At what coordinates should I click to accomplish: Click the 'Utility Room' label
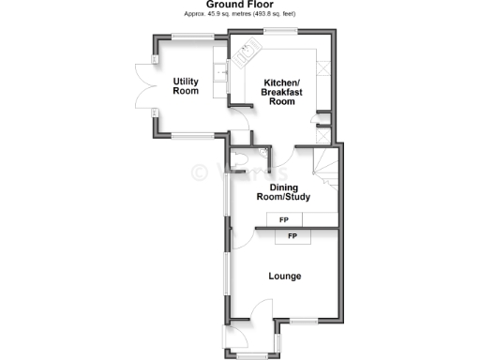tap(186, 86)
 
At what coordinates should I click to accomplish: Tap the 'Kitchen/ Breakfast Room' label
tap(282, 91)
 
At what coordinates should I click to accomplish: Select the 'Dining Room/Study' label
tap(283, 191)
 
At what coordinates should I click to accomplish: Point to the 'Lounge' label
tap(284, 276)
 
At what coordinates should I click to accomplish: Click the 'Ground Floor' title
tap(239, 5)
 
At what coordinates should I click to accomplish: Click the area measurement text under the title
tap(239, 15)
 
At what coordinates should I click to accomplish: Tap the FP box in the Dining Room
tap(284, 219)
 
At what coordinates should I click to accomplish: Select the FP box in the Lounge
tap(293, 236)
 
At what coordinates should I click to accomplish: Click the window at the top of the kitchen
tap(280, 34)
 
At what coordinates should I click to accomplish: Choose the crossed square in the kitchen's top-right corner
tap(324, 68)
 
